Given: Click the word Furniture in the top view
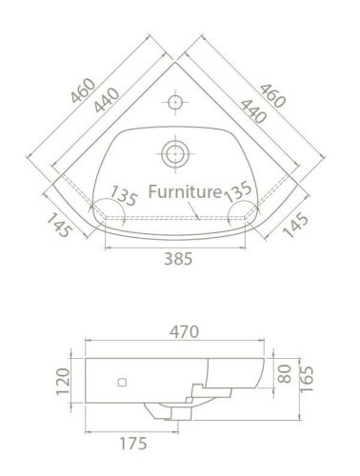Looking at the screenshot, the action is point(185,191).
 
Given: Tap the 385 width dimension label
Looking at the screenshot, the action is point(178,259).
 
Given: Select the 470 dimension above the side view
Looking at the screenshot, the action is point(184,332).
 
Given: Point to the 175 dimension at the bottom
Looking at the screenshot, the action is point(133,444).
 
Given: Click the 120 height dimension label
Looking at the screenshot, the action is point(63,382).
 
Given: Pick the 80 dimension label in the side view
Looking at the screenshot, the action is point(286,374).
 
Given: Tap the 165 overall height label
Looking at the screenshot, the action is point(307,379).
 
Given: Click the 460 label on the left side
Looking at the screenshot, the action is point(83,90).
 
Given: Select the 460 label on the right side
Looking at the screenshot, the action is point(272,95).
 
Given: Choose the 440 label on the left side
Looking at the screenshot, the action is point(107,100).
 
